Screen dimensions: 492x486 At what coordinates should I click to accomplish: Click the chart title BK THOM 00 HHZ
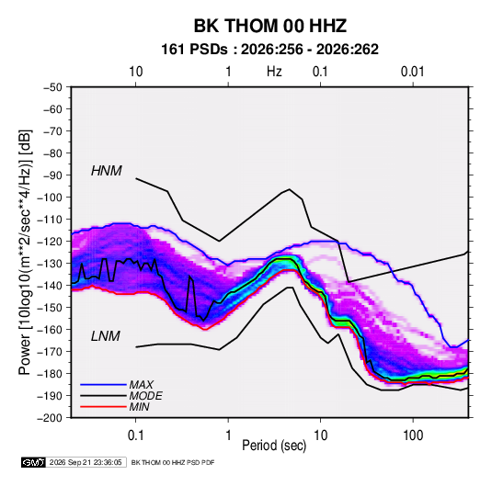click(270, 26)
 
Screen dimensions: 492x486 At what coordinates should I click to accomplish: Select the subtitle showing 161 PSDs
click(269, 50)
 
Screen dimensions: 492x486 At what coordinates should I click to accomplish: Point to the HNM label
click(107, 171)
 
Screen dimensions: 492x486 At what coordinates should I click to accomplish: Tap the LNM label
click(106, 336)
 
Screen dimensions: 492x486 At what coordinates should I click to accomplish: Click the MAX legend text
click(142, 385)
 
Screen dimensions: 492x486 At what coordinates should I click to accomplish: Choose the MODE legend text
click(146, 396)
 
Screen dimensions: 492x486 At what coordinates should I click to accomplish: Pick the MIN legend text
click(139, 407)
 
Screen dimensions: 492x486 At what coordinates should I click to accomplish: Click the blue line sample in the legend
click(103, 385)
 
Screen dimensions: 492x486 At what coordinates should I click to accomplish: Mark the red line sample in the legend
click(103, 407)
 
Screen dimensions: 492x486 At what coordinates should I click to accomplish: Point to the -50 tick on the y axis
click(52, 87)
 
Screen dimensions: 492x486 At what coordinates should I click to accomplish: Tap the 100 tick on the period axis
click(413, 435)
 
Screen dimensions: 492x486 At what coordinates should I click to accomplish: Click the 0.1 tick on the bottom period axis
click(135, 435)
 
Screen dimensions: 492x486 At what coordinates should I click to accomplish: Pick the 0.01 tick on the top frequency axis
click(412, 72)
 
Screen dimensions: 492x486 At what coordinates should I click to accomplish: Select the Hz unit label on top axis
click(274, 72)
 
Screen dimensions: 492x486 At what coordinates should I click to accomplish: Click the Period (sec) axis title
click(274, 446)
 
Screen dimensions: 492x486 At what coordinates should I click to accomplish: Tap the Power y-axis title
click(25, 253)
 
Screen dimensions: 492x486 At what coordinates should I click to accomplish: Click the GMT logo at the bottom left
click(34, 462)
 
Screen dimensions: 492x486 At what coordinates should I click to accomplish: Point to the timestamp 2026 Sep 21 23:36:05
click(86, 462)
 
